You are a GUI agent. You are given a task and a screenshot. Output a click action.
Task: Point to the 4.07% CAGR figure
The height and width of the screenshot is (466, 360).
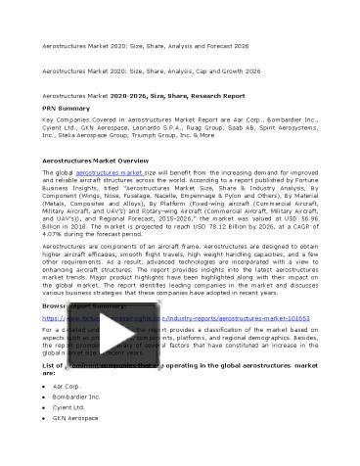[58, 234]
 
